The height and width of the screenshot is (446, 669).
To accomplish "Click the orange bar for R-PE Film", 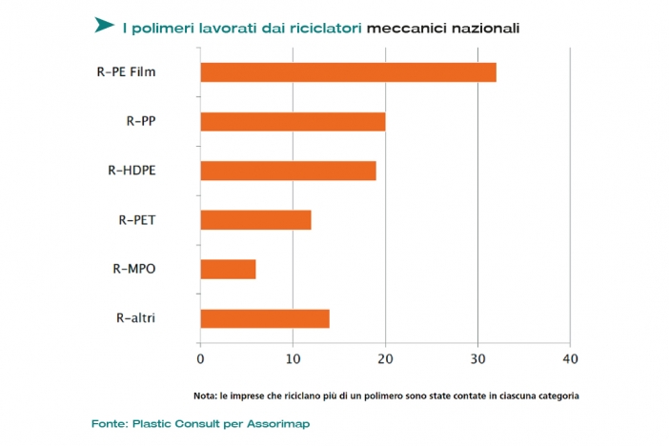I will pos(348,72).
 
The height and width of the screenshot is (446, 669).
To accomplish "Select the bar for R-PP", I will pos(293,122).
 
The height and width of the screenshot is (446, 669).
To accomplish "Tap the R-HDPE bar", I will pos(288,172).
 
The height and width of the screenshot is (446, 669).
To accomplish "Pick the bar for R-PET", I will pos(255,220).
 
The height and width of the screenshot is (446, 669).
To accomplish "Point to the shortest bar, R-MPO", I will pos(228,270).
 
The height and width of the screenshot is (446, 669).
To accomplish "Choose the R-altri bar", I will pos(265,319).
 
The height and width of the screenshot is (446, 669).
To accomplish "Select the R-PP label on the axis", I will pos(141,122).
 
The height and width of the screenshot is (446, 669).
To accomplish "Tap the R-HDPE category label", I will pos(132,172).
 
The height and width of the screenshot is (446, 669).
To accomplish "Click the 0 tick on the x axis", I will pos(200,359).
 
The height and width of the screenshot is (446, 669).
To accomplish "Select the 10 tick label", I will pos(293,359).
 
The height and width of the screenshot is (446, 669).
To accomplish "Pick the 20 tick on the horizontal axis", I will pos(385,359).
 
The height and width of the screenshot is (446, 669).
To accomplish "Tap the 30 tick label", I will pos(476,359).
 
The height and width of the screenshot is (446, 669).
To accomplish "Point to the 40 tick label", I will pos(569,359).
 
